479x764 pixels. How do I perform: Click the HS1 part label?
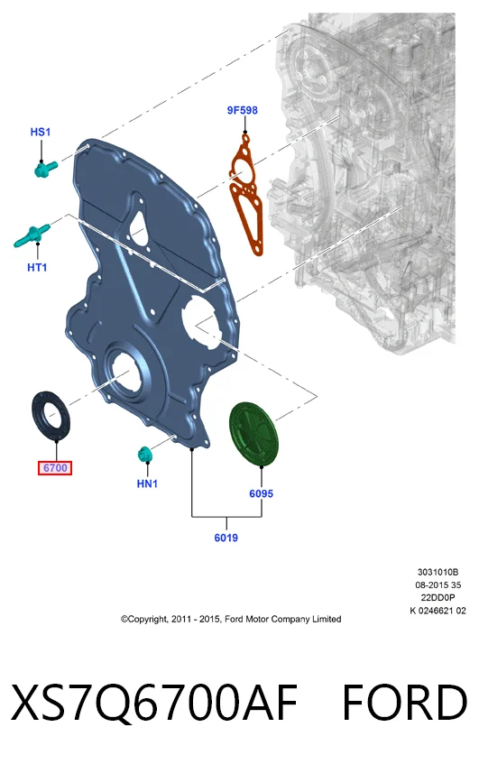tap(41, 132)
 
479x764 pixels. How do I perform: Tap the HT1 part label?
tap(37, 267)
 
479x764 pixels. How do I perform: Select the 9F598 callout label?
tap(242, 110)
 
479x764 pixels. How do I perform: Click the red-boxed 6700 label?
tap(55, 468)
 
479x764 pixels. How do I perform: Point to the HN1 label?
tap(147, 483)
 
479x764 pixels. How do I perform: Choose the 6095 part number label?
tap(262, 493)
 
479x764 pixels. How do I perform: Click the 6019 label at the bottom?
tap(226, 538)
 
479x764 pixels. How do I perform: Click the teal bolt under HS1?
tap(46, 169)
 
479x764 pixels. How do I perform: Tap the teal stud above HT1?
tap(32, 235)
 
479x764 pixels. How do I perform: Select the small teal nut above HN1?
tap(144, 454)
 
